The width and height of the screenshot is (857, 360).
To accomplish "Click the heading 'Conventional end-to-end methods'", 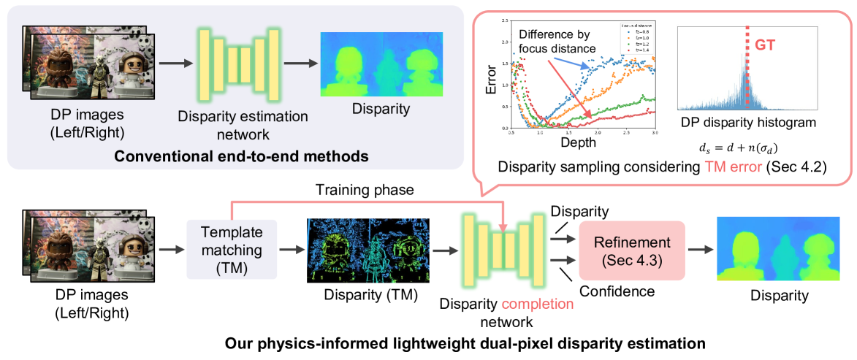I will point(237,156).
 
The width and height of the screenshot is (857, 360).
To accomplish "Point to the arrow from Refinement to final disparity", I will point(699,250).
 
